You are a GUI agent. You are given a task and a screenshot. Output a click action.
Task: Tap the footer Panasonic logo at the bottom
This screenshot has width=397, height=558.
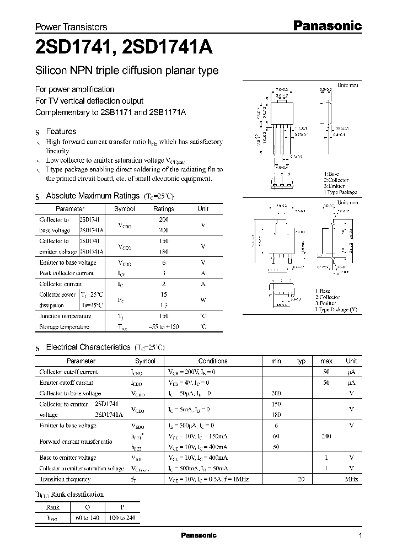(199, 535)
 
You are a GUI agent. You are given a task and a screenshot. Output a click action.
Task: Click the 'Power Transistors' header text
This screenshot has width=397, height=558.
(71, 27)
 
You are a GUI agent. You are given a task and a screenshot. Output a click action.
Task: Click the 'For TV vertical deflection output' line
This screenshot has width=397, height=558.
(89, 101)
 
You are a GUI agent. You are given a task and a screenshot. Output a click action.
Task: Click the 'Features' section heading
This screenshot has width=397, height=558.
(61, 132)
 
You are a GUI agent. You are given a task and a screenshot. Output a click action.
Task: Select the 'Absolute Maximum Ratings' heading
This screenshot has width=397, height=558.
(92, 196)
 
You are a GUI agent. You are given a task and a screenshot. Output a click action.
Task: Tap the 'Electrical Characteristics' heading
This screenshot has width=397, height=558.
(88, 347)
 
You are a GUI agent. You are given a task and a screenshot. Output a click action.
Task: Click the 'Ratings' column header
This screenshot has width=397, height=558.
(164, 209)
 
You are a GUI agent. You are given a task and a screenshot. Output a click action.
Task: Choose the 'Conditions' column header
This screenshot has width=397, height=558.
(213, 361)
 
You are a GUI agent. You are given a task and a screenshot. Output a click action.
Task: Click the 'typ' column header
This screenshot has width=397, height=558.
(302, 361)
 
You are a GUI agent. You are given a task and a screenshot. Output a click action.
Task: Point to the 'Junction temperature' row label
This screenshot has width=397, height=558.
(65, 316)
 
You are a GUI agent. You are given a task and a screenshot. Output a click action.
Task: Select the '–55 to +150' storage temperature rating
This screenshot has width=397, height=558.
(164, 327)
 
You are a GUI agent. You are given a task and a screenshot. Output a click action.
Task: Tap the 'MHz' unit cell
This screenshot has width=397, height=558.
(351, 480)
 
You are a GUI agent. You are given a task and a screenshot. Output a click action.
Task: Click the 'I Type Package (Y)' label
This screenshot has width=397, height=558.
(336, 310)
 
